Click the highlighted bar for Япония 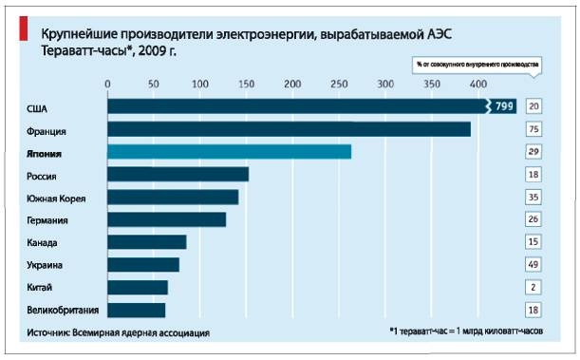tap(229, 152)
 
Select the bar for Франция tap(289, 129)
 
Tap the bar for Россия tap(178, 175)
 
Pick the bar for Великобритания tap(136, 310)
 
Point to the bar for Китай tap(137, 287)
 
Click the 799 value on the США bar tap(504, 106)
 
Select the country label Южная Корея tap(57, 198)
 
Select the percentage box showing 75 tap(533, 129)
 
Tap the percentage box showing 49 tap(533, 265)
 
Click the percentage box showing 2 tap(533, 287)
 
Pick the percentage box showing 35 tap(533, 198)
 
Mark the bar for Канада tap(146, 242)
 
